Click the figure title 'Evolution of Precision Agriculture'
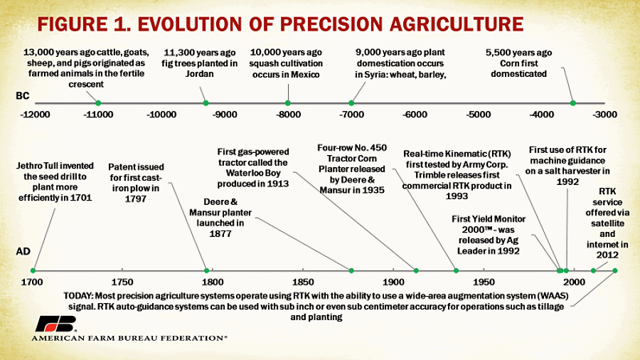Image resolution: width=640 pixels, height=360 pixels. [280, 23]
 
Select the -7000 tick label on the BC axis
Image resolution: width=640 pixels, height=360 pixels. [351, 115]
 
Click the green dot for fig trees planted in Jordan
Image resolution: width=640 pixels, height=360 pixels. [206, 103]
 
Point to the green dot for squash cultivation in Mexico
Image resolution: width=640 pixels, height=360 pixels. [288, 103]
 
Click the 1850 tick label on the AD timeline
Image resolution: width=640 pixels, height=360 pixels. [303, 282]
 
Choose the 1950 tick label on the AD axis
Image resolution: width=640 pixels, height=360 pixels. [484, 282]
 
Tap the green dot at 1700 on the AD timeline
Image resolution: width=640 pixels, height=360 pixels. [33, 270]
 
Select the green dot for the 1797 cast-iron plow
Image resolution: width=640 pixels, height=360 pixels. [207, 270]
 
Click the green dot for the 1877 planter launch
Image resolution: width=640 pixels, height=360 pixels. [351, 270]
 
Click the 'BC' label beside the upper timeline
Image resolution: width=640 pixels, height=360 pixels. [23, 95]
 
